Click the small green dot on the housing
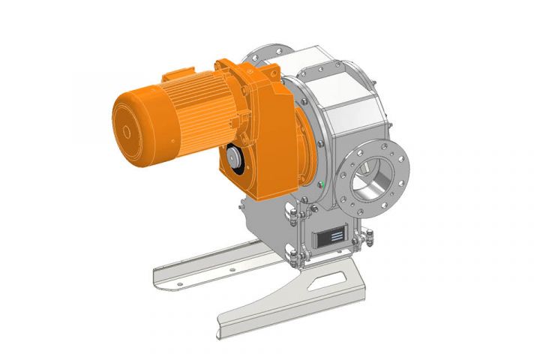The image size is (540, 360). [321, 184]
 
